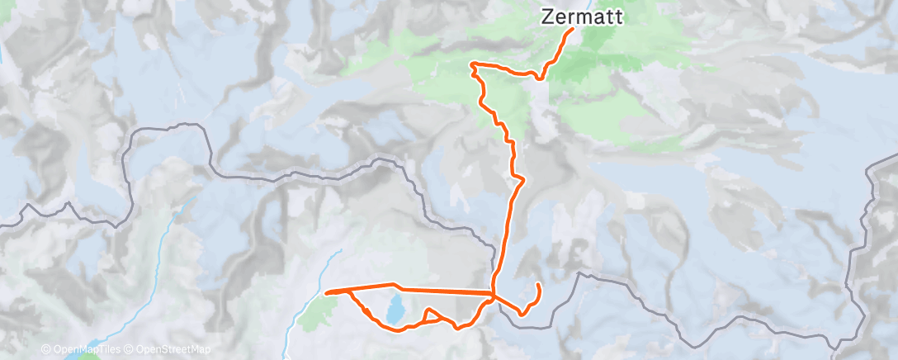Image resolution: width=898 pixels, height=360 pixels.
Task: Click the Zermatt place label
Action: [x=582, y=16]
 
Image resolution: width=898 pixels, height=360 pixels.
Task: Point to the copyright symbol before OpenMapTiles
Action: [x=45, y=349]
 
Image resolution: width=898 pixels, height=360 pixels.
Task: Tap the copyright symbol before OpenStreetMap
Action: [x=130, y=349]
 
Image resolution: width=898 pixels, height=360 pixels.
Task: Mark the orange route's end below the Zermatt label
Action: [x=572, y=31]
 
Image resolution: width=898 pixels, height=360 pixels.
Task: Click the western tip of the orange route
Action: [x=328, y=291]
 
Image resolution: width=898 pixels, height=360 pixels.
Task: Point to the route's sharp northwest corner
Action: [x=471, y=64]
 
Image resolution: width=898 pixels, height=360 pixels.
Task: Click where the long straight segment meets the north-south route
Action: [x=494, y=293]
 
